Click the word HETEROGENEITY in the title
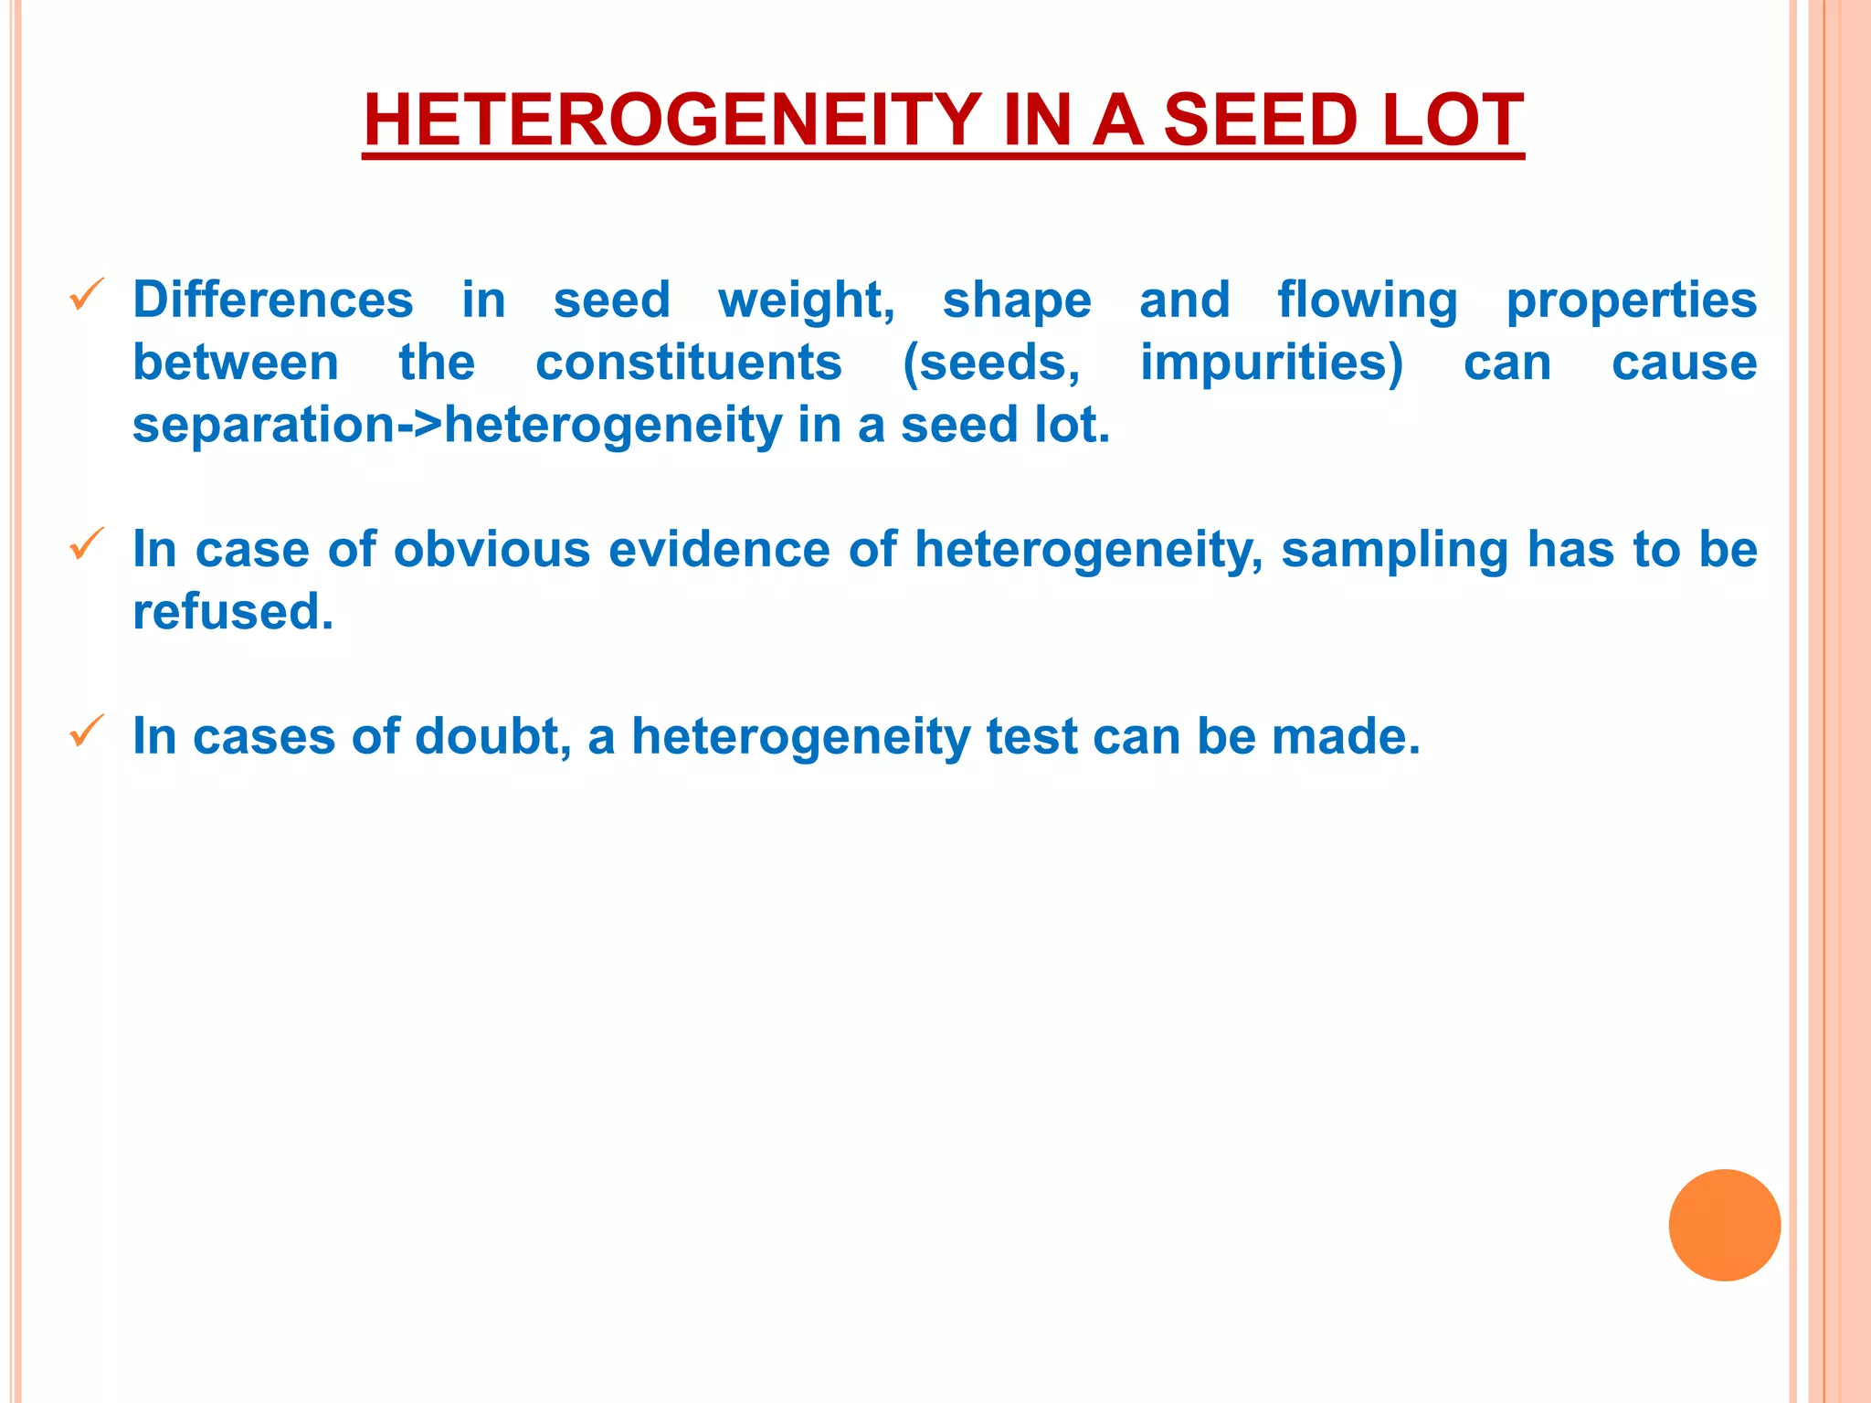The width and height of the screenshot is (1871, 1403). pyautogui.click(x=671, y=121)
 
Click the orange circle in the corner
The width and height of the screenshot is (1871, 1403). pyautogui.click(x=1724, y=1225)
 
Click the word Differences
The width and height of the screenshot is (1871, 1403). pyautogui.click(x=273, y=300)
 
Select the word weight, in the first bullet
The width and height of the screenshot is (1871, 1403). pyautogui.click(x=806, y=300)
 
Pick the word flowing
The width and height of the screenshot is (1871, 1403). pyautogui.click(x=1367, y=300)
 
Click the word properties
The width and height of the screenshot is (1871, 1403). pyautogui.click(x=1631, y=300)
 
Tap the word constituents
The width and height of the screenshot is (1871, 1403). pyautogui.click(x=688, y=363)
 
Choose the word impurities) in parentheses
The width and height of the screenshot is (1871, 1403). pyautogui.click(x=1271, y=363)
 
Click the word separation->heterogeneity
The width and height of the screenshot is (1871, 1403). pyautogui.click(x=457, y=425)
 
